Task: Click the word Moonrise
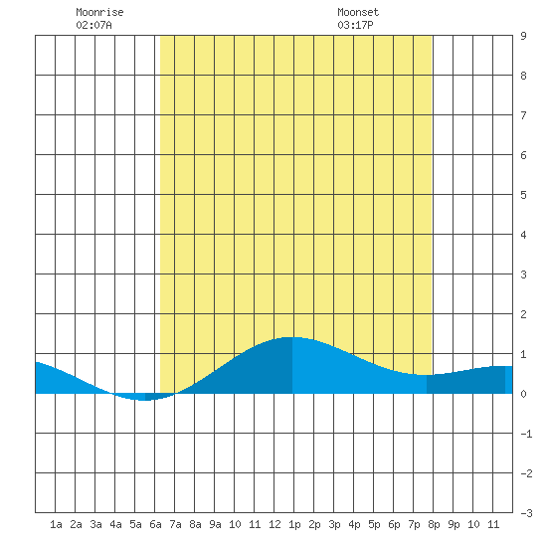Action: pyautogui.click(x=99, y=12)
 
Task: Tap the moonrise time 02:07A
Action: pyautogui.click(x=93, y=25)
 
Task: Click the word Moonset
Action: pyautogui.click(x=358, y=12)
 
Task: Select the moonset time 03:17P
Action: pyautogui.click(x=355, y=25)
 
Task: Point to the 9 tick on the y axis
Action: pyautogui.click(x=523, y=36)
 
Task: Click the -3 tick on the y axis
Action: pyautogui.click(x=526, y=513)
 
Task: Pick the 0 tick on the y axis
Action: pyautogui.click(x=523, y=394)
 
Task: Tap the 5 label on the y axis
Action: pyautogui.click(x=523, y=195)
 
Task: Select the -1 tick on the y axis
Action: pyautogui.click(x=526, y=434)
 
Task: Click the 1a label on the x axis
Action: pyautogui.click(x=56, y=524)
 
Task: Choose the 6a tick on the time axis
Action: pyautogui.click(x=155, y=524)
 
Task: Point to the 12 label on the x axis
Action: pyautogui.click(x=274, y=524)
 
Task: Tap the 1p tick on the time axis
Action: pyautogui.click(x=294, y=524)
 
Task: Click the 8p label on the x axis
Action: pyautogui.click(x=434, y=524)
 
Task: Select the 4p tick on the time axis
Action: pyautogui.click(x=354, y=524)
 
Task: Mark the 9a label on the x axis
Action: pyautogui.click(x=215, y=524)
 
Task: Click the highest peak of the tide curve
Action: pyautogui.click(x=292, y=337)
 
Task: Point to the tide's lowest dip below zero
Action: pyautogui.click(x=144, y=400)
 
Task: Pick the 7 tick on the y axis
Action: pyautogui.click(x=523, y=115)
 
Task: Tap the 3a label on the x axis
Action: pyautogui.click(x=95, y=524)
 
